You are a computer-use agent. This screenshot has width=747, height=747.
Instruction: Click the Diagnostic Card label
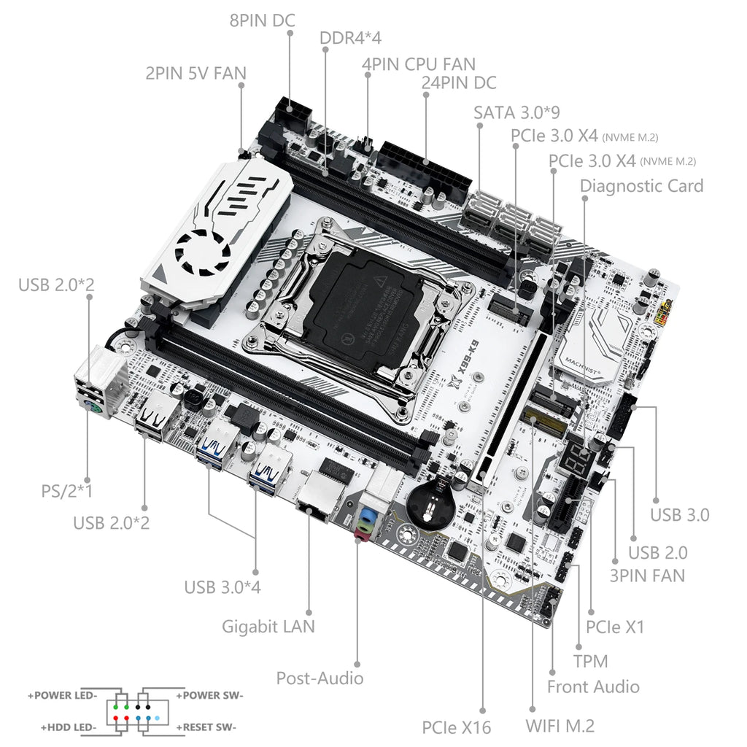tap(641, 185)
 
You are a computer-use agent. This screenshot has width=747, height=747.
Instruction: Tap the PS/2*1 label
tap(66, 491)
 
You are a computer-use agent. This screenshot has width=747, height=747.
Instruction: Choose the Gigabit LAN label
tap(268, 626)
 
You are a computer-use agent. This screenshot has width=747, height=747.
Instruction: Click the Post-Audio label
tap(320, 678)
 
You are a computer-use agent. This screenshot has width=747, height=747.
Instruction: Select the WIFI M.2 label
tap(560, 726)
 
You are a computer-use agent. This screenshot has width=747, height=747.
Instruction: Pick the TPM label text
tap(590, 662)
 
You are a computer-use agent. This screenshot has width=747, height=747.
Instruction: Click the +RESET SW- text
tap(205, 727)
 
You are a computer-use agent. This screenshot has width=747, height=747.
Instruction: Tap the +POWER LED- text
tap(63, 695)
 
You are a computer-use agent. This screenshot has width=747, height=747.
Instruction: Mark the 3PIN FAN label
tap(647, 576)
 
